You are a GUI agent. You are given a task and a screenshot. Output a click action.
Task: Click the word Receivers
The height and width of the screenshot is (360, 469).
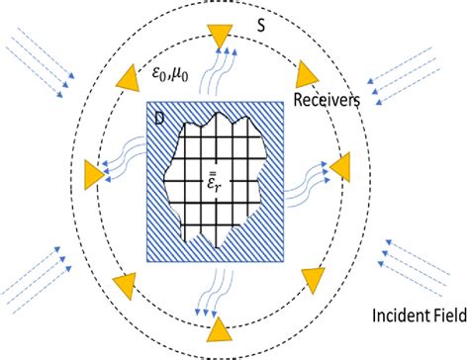pos(330,99)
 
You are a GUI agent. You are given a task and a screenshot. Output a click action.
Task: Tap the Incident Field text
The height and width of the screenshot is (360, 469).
pos(412,315)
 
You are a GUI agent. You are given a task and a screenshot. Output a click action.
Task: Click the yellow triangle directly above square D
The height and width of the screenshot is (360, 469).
pos(219,36)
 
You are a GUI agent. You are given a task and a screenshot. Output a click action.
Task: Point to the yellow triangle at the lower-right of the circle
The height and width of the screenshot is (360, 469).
pos(315,281)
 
